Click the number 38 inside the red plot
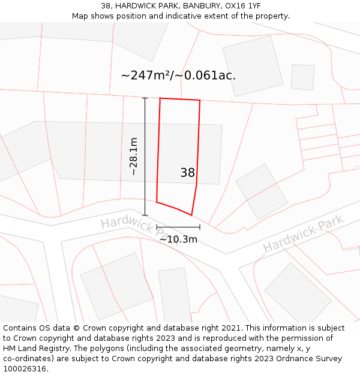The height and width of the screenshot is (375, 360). point(187,173)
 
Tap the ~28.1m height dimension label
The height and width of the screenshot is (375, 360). point(133,156)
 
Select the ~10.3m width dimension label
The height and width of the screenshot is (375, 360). point(178,239)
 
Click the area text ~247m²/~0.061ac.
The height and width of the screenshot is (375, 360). point(178,76)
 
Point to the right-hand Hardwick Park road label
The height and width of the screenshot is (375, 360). point(303,233)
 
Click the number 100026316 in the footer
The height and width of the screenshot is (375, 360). point(24,368)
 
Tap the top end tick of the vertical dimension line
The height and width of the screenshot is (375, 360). point(145,98)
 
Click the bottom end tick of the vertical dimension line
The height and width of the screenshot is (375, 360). point(145,215)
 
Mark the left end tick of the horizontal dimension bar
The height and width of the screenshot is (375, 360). point(157,227)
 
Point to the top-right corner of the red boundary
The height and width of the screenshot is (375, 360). point(200,100)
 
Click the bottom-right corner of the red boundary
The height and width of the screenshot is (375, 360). point(191,215)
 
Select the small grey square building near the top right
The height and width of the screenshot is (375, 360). point(302,77)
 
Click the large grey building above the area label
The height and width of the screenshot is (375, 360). point(253,65)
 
